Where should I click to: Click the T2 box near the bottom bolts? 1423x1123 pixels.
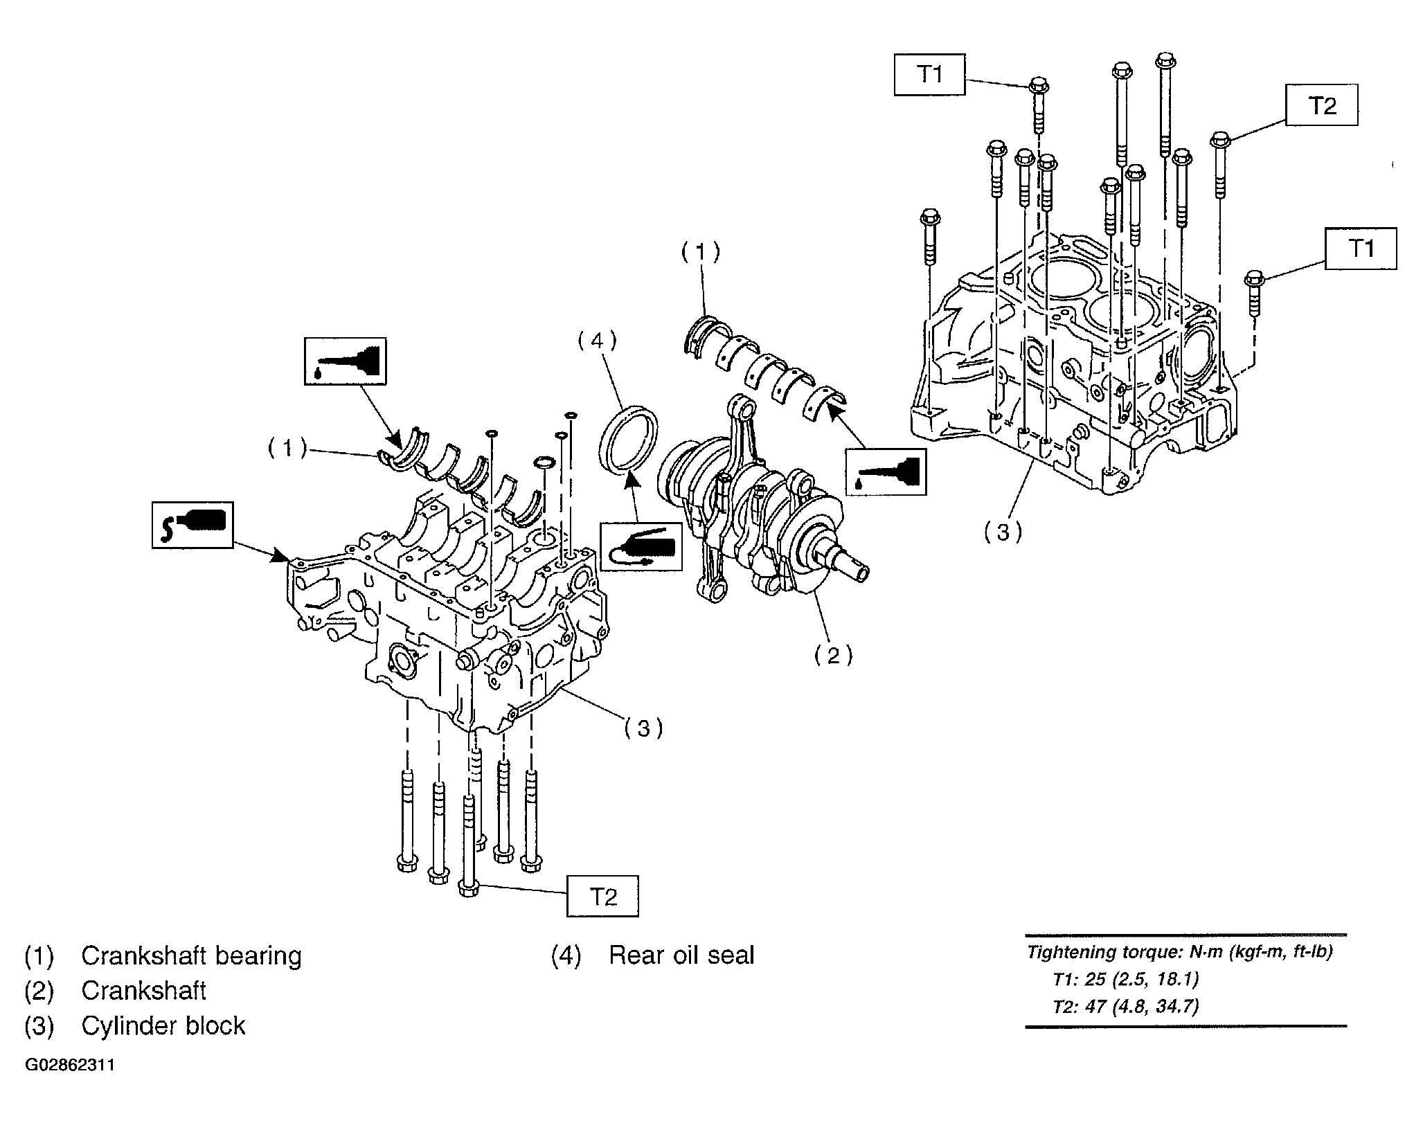tap(602, 896)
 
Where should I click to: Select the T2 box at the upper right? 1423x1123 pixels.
tap(1322, 105)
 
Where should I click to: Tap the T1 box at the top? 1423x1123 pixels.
tap(929, 75)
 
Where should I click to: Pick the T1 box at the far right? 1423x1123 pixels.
tap(1361, 249)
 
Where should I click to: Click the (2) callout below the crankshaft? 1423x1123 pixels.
tap(832, 654)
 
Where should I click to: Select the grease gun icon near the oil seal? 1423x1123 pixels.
tap(641, 546)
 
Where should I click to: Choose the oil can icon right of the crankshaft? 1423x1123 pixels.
tap(886, 471)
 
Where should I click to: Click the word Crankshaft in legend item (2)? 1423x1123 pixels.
tap(143, 990)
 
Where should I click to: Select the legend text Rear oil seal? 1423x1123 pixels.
tap(681, 955)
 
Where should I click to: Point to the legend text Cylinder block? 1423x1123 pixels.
tap(163, 1025)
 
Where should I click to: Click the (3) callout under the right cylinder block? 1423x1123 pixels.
tap(1003, 532)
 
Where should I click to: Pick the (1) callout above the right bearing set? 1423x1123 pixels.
tap(700, 252)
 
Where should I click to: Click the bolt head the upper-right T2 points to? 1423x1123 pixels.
tap(1220, 139)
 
